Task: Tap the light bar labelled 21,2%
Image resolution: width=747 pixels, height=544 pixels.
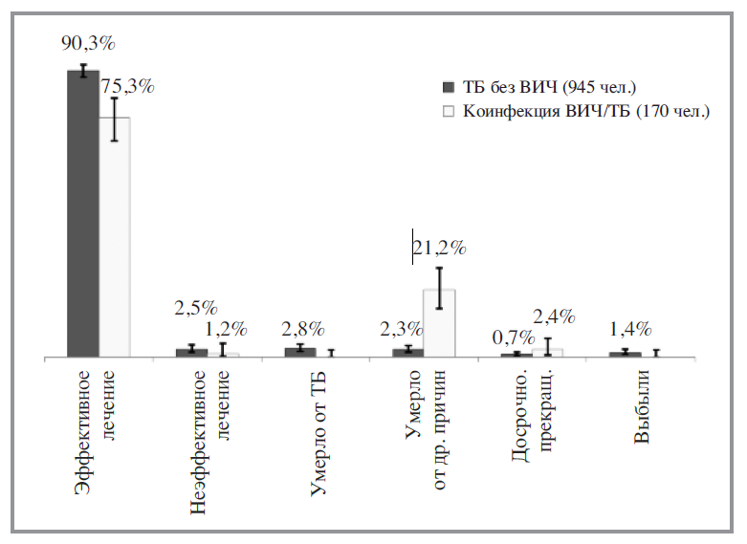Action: (439, 323)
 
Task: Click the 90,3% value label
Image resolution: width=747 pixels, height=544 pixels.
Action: (89, 44)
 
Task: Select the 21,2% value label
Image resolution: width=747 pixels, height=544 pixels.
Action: (439, 249)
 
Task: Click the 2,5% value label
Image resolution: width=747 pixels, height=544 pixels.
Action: (196, 308)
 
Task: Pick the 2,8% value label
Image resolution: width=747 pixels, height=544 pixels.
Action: (304, 329)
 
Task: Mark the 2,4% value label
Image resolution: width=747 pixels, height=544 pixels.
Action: (554, 316)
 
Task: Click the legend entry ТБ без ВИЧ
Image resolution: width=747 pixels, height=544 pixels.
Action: (549, 87)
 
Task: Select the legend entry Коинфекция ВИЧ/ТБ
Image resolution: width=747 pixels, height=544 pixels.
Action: (585, 111)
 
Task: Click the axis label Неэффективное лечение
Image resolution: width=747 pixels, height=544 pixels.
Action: (210, 440)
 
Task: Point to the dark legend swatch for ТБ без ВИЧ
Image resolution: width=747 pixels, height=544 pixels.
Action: (449, 87)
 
